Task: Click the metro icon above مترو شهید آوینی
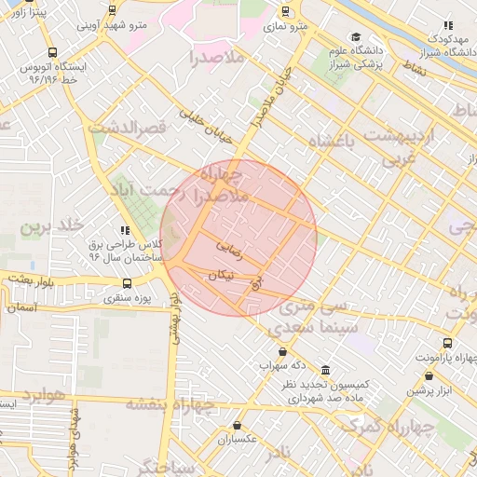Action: (x=113, y=11)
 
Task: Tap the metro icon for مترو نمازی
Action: (x=285, y=12)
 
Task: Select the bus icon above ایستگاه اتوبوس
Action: (x=52, y=54)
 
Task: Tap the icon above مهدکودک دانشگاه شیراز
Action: (x=448, y=25)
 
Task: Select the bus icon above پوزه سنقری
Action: (x=128, y=283)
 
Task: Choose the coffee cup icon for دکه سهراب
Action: (x=283, y=352)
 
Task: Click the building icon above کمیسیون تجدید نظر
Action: (x=324, y=369)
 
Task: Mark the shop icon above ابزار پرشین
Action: (x=429, y=376)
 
